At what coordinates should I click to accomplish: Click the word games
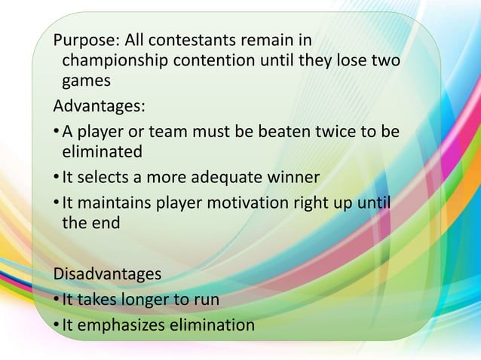[84, 81]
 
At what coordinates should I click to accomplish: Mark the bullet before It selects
[55, 178]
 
